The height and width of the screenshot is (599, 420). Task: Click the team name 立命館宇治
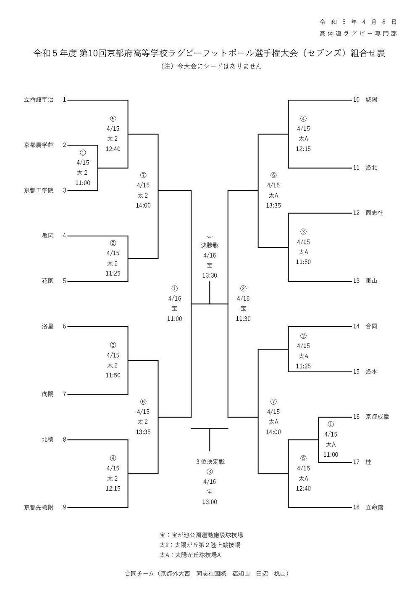(39, 100)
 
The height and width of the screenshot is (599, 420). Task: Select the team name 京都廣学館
(39, 145)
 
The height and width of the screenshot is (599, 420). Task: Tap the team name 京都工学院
(39, 191)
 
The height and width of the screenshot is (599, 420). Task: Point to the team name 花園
(48, 281)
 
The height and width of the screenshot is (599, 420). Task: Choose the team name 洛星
(48, 326)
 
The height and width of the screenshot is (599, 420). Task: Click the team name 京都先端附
(39, 507)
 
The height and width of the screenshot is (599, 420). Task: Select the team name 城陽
(371, 100)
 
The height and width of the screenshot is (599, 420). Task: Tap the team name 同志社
(374, 213)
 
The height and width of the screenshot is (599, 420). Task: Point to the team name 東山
(371, 281)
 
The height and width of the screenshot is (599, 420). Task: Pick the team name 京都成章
(377, 417)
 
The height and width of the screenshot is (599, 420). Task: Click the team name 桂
(368, 462)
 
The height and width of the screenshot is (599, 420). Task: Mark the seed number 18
(356, 507)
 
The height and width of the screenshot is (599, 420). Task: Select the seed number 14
(356, 326)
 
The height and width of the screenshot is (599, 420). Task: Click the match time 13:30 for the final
(210, 276)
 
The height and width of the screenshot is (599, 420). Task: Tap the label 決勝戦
(210, 245)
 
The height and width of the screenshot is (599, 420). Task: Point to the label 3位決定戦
(210, 462)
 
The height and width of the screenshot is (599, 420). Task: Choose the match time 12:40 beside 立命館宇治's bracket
(113, 149)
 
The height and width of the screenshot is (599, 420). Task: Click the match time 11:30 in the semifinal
(243, 319)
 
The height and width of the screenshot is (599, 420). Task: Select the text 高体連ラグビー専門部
(358, 33)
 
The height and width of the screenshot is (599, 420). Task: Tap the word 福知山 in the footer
(241, 573)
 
